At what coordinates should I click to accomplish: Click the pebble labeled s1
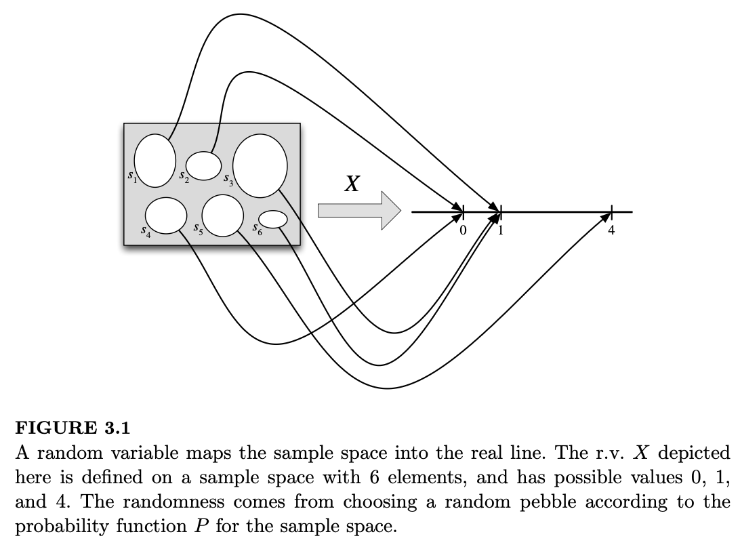click(155, 161)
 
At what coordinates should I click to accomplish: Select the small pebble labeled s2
click(203, 163)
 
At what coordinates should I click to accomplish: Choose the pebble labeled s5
click(222, 215)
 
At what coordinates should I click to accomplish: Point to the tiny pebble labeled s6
click(274, 219)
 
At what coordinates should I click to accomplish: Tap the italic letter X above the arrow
click(351, 184)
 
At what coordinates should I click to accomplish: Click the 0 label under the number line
click(463, 230)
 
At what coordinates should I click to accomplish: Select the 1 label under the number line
click(501, 230)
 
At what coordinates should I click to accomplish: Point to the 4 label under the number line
click(611, 230)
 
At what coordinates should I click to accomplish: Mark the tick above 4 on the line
click(611, 211)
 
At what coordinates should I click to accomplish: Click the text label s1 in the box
click(132, 176)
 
